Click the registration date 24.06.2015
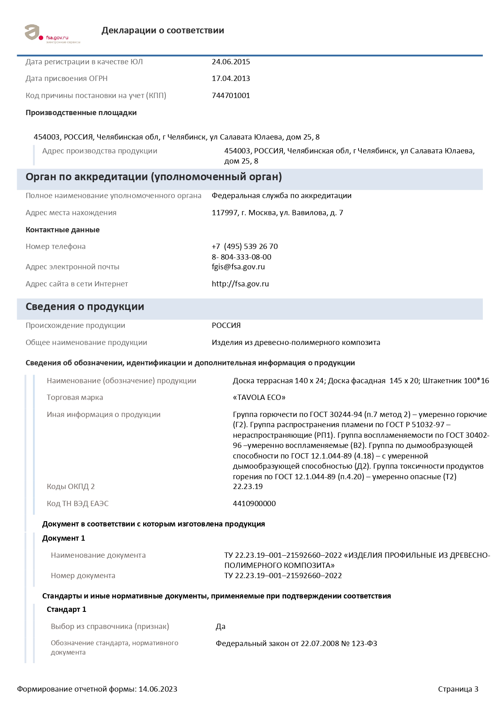click(x=230, y=62)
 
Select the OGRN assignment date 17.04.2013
click(x=230, y=79)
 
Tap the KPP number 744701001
click(x=230, y=96)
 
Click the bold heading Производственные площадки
click(x=81, y=113)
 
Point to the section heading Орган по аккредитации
click(x=154, y=177)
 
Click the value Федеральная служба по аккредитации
click(x=281, y=196)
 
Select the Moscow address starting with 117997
click(x=277, y=213)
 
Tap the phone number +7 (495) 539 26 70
click(x=245, y=247)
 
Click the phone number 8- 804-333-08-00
click(x=241, y=257)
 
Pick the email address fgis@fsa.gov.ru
click(x=238, y=267)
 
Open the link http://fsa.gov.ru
click(x=240, y=284)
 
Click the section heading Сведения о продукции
click(x=85, y=307)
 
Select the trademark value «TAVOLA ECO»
click(x=259, y=397)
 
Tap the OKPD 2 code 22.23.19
click(x=248, y=487)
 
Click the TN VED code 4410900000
click(x=254, y=504)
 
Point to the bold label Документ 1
click(x=63, y=538)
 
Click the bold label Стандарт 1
click(x=66, y=609)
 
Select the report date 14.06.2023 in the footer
click(x=158, y=689)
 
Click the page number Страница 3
click(x=458, y=689)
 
